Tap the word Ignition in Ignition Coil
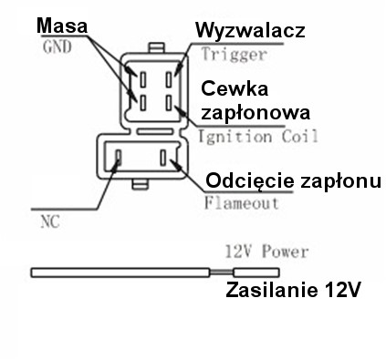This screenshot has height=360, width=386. pyautogui.click(x=225, y=138)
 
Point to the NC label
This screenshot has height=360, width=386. pyautogui.click(x=51, y=221)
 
